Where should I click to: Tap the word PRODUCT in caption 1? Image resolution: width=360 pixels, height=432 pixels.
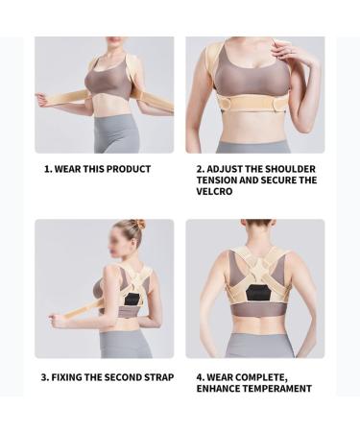point(131,169)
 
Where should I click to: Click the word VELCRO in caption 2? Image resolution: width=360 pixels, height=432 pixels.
point(216,191)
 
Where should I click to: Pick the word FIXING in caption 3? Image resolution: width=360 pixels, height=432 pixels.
point(72,377)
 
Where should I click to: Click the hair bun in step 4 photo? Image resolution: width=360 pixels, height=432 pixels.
point(256,223)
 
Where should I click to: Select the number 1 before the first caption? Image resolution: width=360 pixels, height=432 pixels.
point(47,169)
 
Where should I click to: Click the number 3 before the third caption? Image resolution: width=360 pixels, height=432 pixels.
point(45,377)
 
